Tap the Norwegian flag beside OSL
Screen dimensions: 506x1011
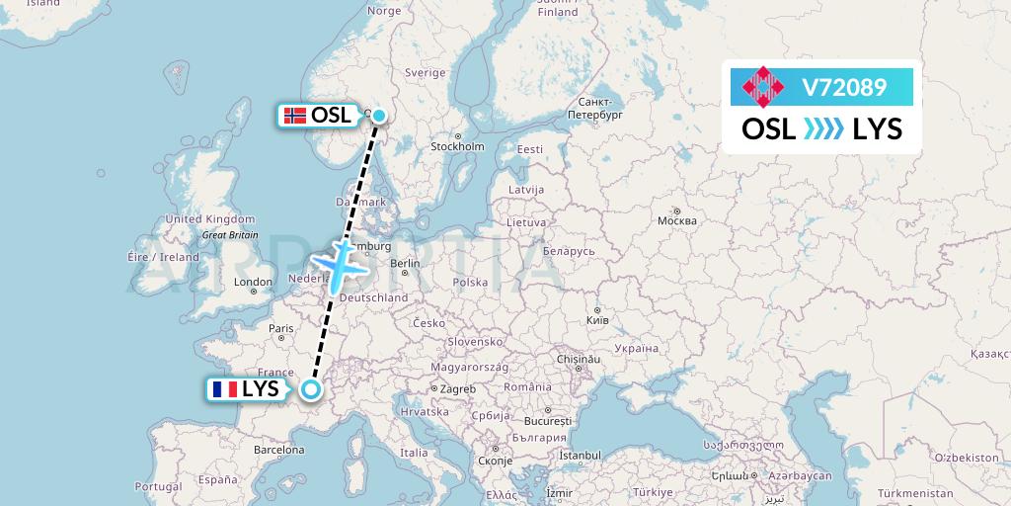[x=294, y=116]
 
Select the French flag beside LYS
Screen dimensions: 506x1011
[x=224, y=389]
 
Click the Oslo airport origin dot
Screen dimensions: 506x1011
[x=378, y=115]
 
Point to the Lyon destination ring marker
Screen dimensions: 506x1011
[x=311, y=389]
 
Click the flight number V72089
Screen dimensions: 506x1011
[x=844, y=88]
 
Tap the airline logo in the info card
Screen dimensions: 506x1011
[x=766, y=88]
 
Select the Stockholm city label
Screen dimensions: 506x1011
[x=457, y=147]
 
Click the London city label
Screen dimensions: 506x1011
[x=254, y=282]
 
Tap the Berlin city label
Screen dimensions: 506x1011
[x=406, y=264]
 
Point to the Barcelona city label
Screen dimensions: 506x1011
[x=277, y=450]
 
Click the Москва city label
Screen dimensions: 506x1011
[x=677, y=220]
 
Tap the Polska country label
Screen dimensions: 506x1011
[x=471, y=282]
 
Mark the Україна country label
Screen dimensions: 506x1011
[x=635, y=348]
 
